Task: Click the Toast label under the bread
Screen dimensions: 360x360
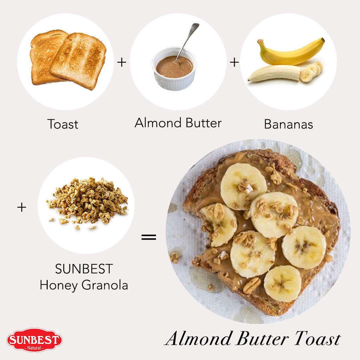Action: click(63, 124)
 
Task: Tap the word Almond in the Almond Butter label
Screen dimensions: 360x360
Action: click(158, 123)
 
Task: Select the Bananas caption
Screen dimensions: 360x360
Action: click(289, 124)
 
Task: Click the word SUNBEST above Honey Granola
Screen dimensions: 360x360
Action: click(84, 269)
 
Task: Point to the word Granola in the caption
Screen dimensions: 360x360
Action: click(105, 285)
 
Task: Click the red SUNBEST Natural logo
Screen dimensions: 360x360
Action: click(34, 340)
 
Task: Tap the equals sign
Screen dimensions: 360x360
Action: click(149, 237)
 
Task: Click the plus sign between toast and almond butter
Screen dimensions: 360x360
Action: click(122, 62)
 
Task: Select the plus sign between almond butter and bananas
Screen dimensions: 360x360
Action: click(234, 62)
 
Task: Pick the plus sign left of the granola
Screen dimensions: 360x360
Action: click(22, 207)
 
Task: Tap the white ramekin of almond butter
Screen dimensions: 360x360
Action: click(174, 69)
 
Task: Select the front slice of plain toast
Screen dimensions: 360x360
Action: click(78, 61)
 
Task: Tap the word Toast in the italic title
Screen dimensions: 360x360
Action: click(318, 338)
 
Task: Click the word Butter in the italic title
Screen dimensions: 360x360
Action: click(262, 338)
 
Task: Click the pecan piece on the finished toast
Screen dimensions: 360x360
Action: click(252, 285)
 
